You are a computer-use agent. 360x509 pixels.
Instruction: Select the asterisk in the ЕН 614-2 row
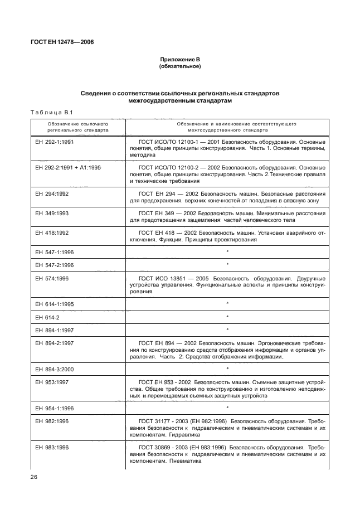click(228, 317)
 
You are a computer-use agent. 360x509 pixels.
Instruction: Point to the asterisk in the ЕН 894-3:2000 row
click(228, 369)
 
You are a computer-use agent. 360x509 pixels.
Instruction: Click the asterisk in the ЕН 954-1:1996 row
click(228, 408)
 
